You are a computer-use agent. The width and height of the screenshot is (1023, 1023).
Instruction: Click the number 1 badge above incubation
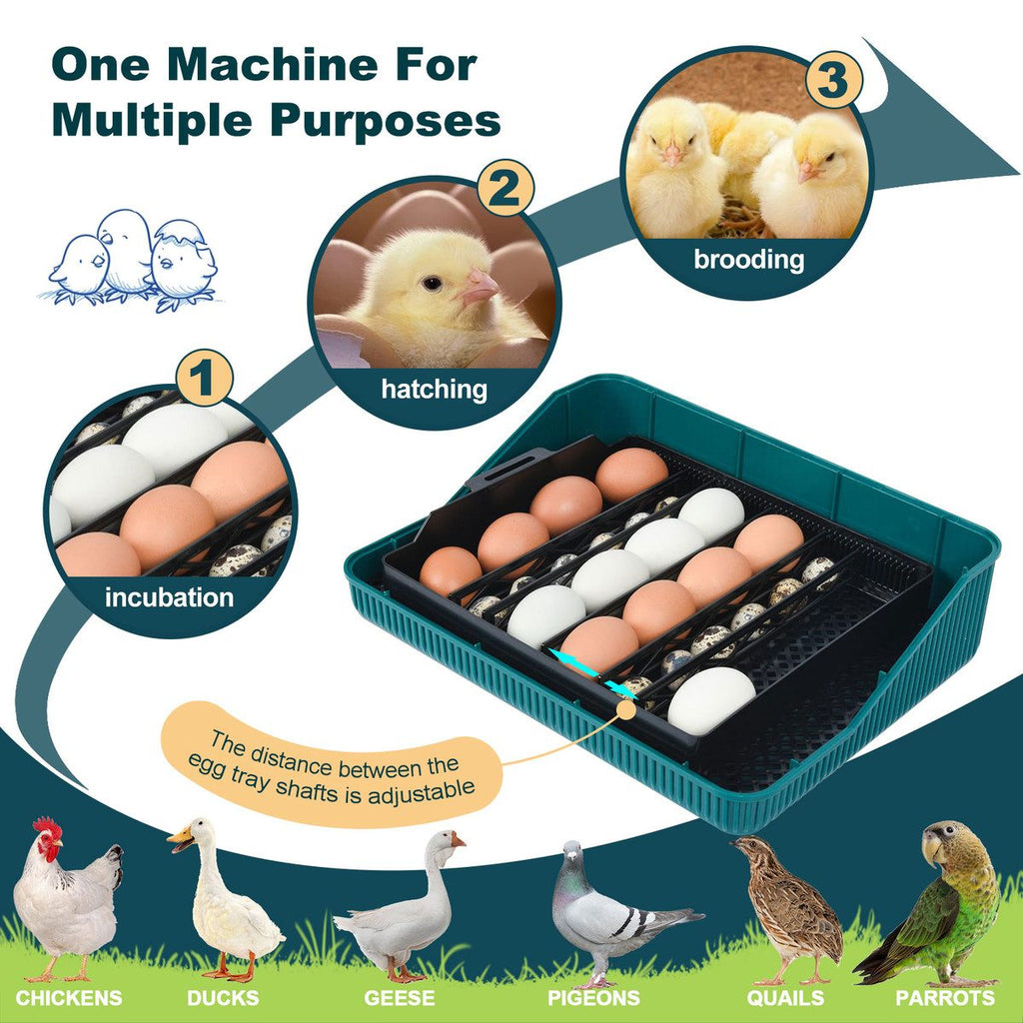click(x=204, y=378)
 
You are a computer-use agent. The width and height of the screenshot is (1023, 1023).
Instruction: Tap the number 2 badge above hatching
click(x=506, y=189)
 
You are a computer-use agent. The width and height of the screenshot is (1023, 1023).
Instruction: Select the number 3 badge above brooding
click(x=834, y=80)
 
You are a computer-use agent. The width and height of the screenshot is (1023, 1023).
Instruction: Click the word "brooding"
click(x=749, y=260)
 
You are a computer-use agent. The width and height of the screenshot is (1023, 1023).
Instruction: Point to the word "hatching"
click(x=434, y=390)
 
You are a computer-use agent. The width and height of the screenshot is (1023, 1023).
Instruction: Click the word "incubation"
click(x=170, y=597)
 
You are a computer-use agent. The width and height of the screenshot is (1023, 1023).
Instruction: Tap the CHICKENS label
click(x=69, y=998)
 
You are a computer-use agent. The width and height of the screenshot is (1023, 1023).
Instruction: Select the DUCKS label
click(x=223, y=998)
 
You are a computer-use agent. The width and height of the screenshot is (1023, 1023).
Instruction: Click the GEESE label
click(x=400, y=998)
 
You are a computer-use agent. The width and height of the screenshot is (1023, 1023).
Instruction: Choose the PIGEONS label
click(x=593, y=998)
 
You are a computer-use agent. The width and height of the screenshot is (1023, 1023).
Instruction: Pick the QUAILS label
click(x=785, y=998)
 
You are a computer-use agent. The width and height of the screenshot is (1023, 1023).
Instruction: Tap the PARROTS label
click(x=945, y=998)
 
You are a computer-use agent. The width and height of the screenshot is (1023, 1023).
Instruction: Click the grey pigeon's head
click(x=572, y=851)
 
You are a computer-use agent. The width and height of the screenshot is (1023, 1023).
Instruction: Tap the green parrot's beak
click(x=932, y=846)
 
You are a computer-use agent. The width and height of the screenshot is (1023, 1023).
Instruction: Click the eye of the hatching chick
click(x=432, y=283)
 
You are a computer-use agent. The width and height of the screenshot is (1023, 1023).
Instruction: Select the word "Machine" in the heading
click(x=273, y=65)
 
